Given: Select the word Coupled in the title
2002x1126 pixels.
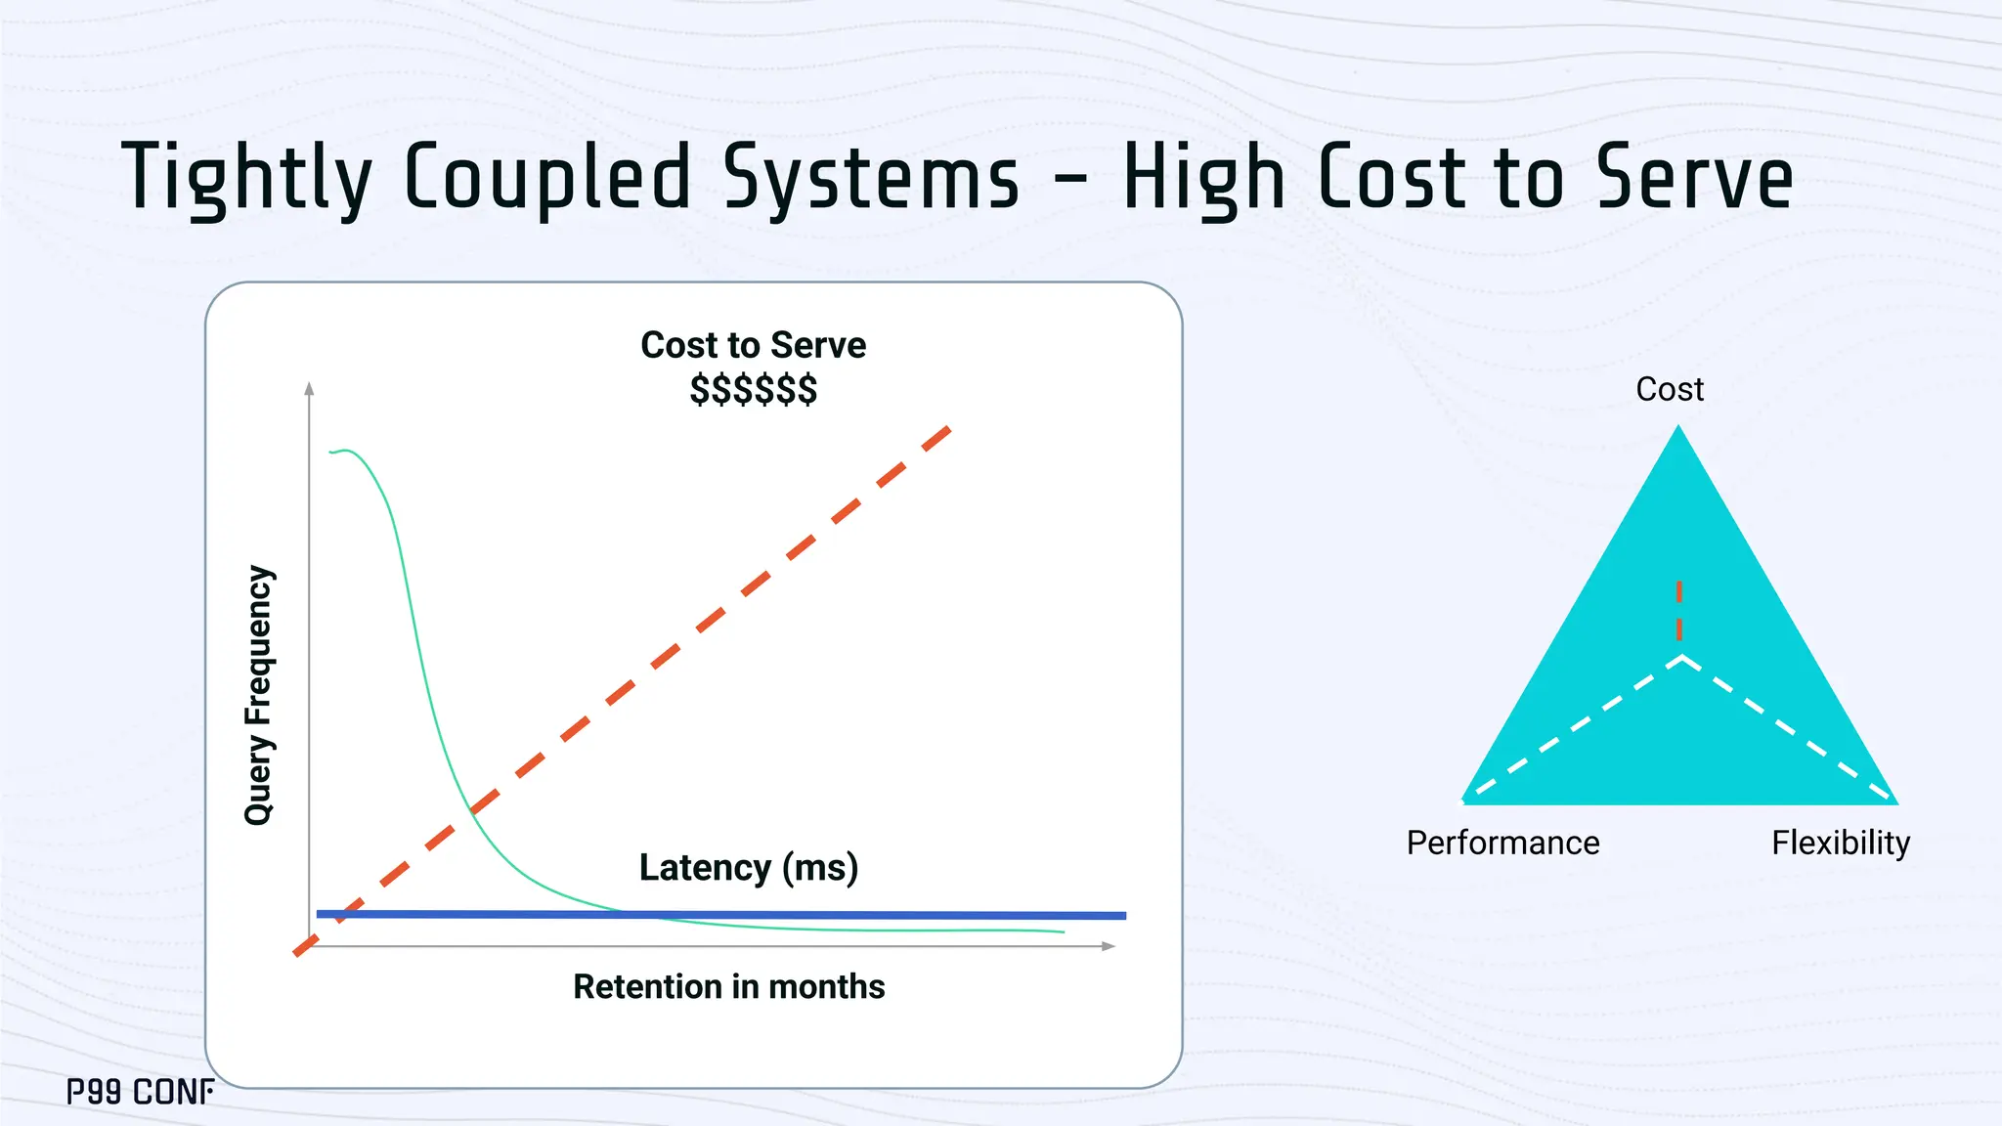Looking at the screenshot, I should point(547,178).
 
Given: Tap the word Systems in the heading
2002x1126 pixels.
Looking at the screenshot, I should point(871,178).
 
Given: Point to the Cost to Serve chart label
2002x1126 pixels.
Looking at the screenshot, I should point(753,345).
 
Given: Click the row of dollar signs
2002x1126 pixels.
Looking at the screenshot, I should point(753,389).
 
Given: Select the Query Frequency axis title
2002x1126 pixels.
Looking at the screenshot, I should point(259,695).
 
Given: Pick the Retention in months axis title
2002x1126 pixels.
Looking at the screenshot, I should point(728,986).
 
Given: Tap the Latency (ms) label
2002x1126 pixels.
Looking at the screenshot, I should point(748,867).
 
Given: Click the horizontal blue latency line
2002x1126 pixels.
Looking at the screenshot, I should point(880,915).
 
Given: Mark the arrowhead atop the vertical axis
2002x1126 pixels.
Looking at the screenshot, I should point(310,388).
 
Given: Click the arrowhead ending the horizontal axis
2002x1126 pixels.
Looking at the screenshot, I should point(1109,946).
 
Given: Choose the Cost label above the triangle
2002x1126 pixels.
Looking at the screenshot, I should point(1670,389).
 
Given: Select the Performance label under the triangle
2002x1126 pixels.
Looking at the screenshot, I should point(1502,843).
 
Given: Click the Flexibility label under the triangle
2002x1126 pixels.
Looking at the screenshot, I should point(1841,843).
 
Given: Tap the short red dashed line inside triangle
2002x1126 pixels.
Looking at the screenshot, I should point(1679,611).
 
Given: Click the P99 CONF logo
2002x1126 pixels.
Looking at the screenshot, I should point(141,1092).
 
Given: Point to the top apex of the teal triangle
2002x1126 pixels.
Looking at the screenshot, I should point(1678,428).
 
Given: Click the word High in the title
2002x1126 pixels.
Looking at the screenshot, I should point(1202,178).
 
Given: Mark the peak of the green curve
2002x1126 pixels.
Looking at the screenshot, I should point(345,451).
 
